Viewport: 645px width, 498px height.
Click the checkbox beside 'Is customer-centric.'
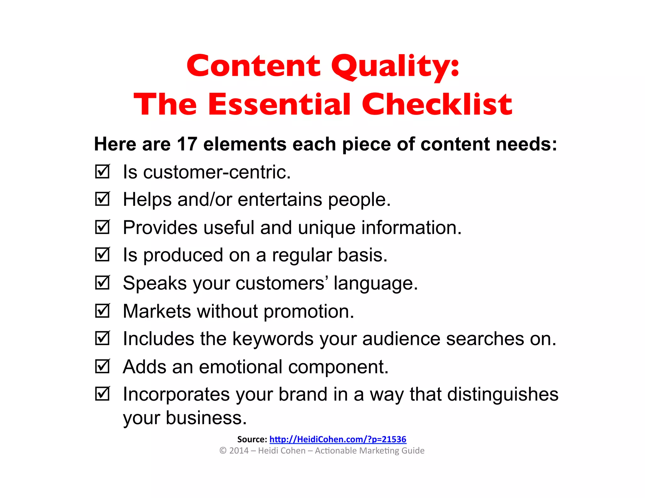(x=102, y=172)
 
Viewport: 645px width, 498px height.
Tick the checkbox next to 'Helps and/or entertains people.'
(x=102, y=199)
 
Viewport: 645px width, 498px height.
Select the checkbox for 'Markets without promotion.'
(x=102, y=311)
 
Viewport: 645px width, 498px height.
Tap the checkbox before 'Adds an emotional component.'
(x=102, y=366)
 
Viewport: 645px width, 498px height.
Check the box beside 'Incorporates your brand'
(x=102, y=394)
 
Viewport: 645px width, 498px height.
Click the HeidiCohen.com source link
(x=338, y=439)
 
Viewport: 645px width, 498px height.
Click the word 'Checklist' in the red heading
(x=437, y=105)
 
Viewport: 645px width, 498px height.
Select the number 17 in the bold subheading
(x=187, y=144)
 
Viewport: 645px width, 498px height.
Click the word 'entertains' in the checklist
(x=280, y=200)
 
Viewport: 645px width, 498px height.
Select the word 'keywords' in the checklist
(x=273, y=339)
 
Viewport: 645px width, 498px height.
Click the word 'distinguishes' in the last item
(x=503, y=394)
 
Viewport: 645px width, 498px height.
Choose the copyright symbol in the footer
(x=223, y=451)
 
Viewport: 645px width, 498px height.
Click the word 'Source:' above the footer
(x=252, y=439)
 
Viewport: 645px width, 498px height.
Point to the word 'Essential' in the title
(x=279, y=105)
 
